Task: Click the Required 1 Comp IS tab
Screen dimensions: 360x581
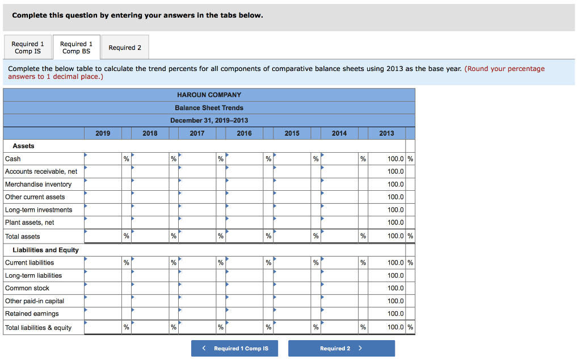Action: pyautogui.click(x=28, y=48)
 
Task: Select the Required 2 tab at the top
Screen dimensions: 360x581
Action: pyautogui.click(x=125, y=48)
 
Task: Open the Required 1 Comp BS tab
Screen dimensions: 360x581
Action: pyautogui.click(x=76, y=48)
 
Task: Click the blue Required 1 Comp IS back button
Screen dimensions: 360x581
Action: pyautogui.click(x=235, y=348)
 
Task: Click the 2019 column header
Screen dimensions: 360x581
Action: pyautogui.click(x=103, y=133)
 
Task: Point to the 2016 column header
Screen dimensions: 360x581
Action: pyautogui.click(x=245, y=133)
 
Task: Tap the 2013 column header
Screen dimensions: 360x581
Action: pyautogui.click(x=386, y=133)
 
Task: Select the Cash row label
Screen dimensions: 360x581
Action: pyautogui.click(x=13, y=159)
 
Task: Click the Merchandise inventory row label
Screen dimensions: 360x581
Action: pyautogui.click(x=39, y=185)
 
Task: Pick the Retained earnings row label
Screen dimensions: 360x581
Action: pyautogui.click(x=32, y=313)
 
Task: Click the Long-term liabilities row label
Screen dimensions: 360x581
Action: pyautogui.click(x=33, y=275)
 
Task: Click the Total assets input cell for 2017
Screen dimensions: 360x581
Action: pyautogui.click(x=197, y=236)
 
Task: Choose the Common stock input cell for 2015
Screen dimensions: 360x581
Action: pyautogui.click(x=292, y=288)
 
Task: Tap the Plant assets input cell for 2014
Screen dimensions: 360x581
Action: pyautogui.click(x=339, y=223)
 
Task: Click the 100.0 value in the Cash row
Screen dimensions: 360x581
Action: pyautogui.click(x=395, y=159)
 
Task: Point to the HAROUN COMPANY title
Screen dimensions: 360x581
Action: pyautogui.click(x=209, y=95)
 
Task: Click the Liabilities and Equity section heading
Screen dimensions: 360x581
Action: pyautogui.click(x=45, y=250)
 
